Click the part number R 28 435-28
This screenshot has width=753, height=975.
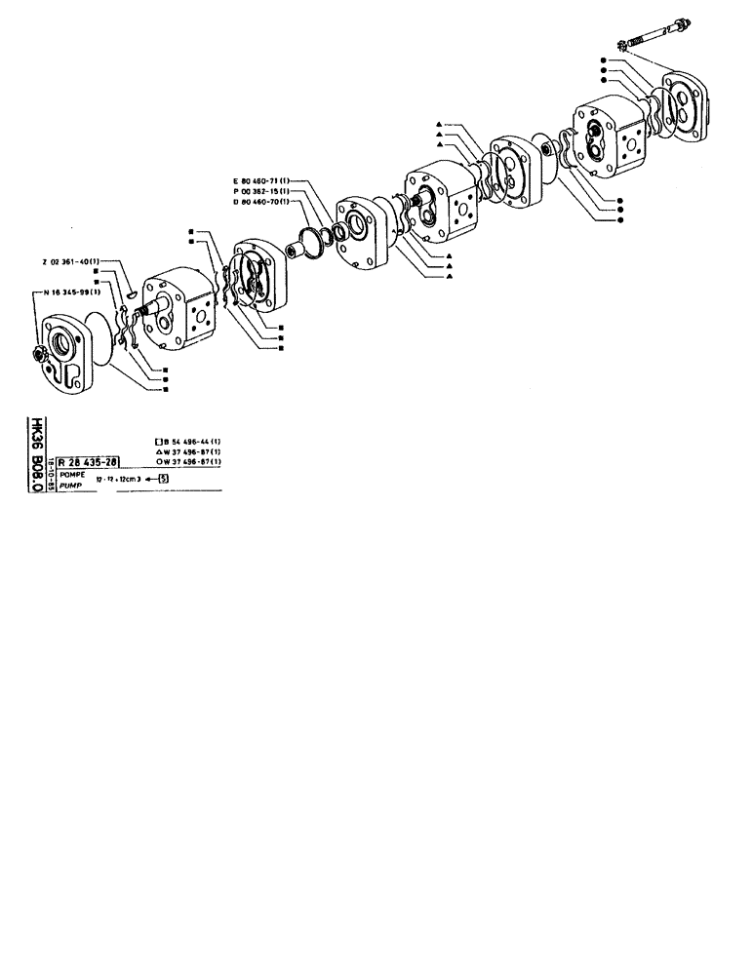[89, 463]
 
